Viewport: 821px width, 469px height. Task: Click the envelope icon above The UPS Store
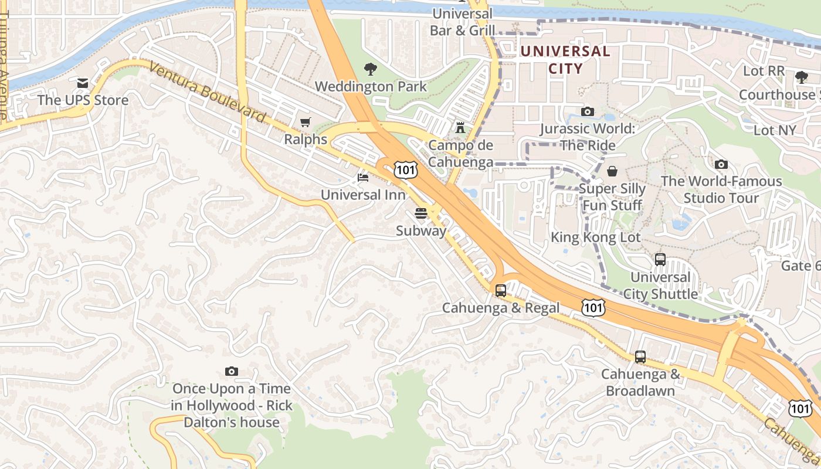pos(82,83)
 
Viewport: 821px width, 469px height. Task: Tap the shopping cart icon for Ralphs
pos(305,122)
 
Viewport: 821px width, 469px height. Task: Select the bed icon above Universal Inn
pos(363,177)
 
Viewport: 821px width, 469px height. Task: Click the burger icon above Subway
pos(420,213)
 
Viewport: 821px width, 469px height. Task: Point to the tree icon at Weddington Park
pos(370,69)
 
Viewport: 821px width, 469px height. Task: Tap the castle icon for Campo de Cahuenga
pos(460,127)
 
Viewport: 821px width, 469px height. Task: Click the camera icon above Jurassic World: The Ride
pos(587,111)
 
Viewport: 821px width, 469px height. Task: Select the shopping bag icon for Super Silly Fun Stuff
pos(612,171)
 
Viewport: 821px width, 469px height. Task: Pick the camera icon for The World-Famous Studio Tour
pos(721,164)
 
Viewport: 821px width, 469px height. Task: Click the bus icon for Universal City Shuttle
pos(660,259)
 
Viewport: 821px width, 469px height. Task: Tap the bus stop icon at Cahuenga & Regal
pos(501,290)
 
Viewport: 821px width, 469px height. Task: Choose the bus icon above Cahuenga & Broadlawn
pos(640,356)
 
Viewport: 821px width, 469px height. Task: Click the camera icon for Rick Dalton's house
pos(232,371)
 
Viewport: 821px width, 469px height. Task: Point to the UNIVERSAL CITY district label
pos(565,60)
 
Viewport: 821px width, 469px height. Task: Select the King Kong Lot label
pos(595,237)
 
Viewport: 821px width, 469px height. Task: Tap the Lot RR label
pos(764,71)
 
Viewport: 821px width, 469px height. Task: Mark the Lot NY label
pos(774,130)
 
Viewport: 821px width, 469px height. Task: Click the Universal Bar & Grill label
pos(462,22)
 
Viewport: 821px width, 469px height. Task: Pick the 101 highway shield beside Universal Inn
pos(406,170)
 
